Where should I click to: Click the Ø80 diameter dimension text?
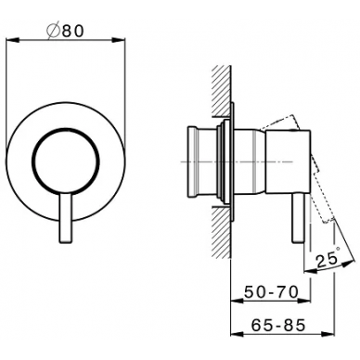(x=65, y=32)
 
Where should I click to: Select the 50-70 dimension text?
(x=271, y=291)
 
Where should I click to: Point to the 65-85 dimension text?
(x=278, y=325)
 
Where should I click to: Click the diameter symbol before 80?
(x=53, y=32)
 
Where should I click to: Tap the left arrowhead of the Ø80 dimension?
(x=13, y=40)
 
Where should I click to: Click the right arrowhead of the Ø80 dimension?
(x=119, y=40)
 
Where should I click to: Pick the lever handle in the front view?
(x=66, y=219)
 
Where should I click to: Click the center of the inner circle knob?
(x=66, y=161)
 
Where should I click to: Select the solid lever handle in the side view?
(x=298, y=218)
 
